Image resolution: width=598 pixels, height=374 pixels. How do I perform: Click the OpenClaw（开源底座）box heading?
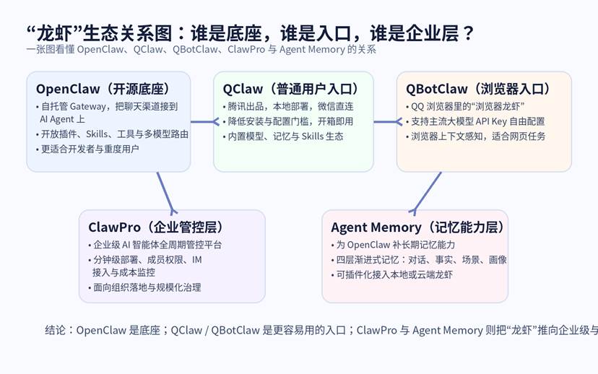(103, 89)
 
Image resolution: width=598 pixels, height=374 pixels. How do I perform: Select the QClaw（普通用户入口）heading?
(291, 89)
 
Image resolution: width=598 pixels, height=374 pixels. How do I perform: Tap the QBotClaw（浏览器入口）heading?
(479, 89)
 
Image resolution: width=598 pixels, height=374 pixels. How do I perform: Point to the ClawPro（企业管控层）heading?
(156, 227)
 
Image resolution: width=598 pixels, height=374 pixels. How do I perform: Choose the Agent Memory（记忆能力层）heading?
(418, 227)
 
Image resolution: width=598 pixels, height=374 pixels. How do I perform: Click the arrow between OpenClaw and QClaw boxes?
(205, 122)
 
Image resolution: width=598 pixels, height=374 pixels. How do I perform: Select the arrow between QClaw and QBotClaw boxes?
(388, 122)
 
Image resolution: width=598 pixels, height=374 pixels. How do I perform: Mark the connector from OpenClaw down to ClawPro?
(166, 193)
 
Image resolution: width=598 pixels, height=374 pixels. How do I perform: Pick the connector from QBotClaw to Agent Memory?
(427, 193)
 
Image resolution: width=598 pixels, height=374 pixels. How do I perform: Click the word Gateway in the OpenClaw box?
(87, 106)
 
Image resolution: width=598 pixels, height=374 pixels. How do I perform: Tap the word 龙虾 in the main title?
(55, 33)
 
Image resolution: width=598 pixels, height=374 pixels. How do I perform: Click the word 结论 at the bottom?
(56, 330)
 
